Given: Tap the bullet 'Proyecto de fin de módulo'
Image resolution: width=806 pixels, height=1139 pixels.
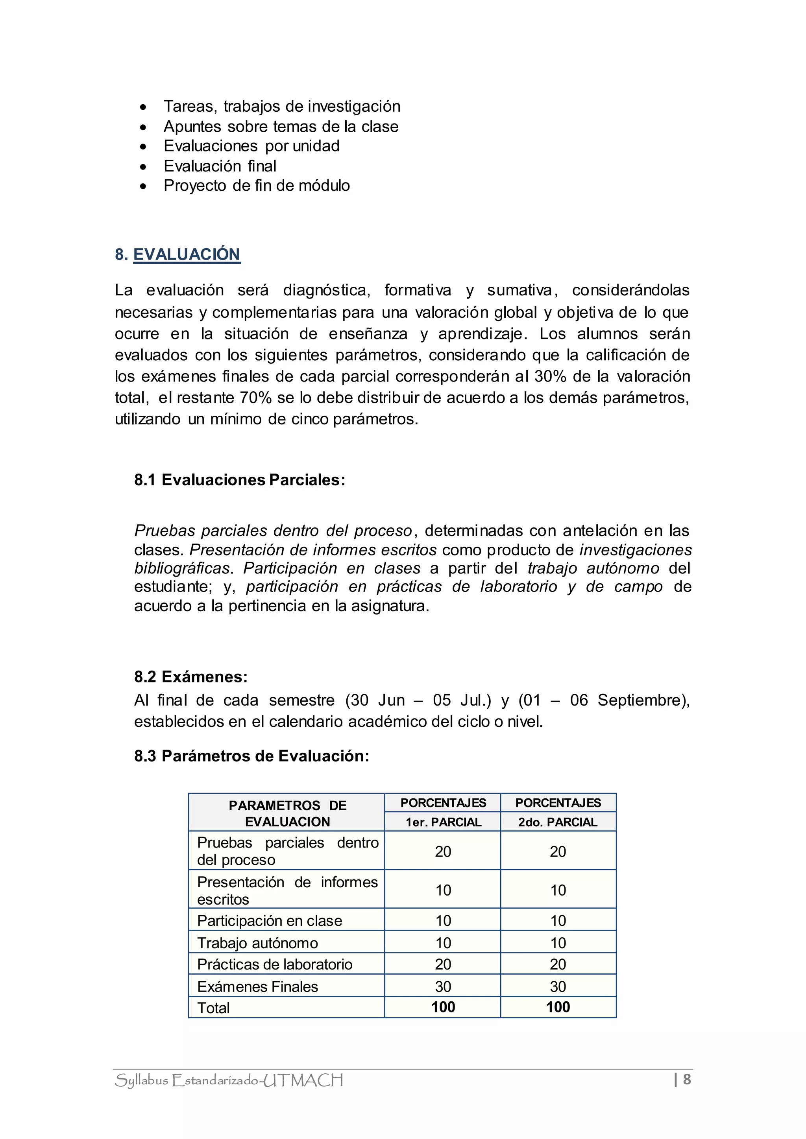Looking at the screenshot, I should (257, 186).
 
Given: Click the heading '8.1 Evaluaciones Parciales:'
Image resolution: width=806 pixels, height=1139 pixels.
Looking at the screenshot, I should (240, 480).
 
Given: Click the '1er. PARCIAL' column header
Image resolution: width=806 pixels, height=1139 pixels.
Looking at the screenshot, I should (443, 822).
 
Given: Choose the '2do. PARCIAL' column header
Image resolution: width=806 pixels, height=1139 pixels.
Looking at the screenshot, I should (558, 822).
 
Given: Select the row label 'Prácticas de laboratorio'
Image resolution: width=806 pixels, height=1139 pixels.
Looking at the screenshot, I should (274, 964).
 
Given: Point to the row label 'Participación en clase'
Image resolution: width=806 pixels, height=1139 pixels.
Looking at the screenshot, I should (270, 921).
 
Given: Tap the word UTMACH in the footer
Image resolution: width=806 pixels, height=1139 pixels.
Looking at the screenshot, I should (303, 1080).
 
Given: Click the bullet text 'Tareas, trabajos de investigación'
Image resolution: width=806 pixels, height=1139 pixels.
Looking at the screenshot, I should (282, 106).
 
